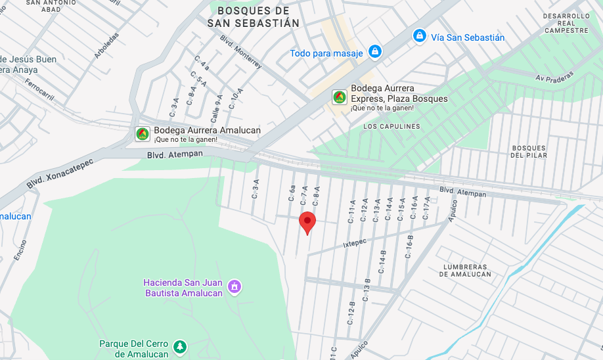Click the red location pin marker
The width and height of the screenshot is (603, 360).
click(307, 222)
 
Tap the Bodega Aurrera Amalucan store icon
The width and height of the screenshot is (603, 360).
click(142, 134)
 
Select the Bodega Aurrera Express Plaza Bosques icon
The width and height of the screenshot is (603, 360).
click(339, 97)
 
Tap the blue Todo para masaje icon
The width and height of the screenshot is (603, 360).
click(374, 51)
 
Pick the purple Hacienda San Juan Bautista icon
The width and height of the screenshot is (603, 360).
click(234, 286)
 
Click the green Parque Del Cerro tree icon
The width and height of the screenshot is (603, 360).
click(180, 346)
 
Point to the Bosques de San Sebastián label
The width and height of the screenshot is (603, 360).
click(253, 17)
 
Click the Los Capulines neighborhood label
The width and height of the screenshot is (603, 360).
click(391, 126)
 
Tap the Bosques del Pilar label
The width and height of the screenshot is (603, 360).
click(529, 151)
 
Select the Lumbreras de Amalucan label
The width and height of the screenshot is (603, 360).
click(466, 270)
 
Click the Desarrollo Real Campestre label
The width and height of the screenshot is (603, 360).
click(566, 23)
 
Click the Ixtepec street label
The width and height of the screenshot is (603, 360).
click(354, 243)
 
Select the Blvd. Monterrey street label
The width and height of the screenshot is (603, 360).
click(241, 52)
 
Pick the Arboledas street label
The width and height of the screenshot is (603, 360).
click(106, 45)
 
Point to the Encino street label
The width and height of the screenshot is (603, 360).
click(20, 250)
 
